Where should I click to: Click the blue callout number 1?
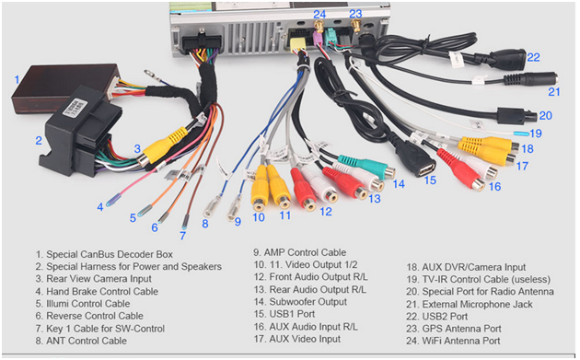(17, 79)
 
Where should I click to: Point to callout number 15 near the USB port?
(430, 180)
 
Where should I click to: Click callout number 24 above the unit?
(319, 14)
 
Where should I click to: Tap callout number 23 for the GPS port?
(355, 14)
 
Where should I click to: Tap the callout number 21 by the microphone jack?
(553, 91)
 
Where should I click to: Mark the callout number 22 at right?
(533, 57)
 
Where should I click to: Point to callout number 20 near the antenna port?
(545, 115)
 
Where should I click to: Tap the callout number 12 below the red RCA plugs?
(326, 211)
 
